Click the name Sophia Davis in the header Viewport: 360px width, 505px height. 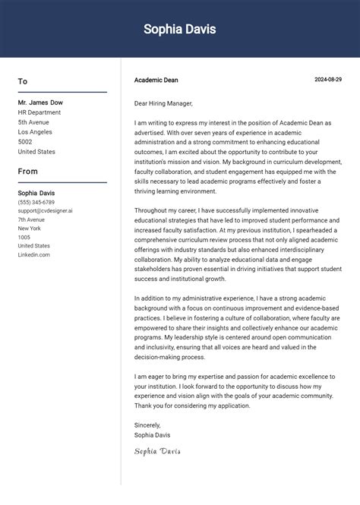point(180,30)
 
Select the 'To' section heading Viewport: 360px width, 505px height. point(23,81)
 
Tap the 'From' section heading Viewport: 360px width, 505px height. point(28,172)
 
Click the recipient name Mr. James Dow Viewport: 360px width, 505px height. point(40,103)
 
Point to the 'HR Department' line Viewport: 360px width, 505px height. point(39,112)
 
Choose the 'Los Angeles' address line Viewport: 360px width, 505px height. point(36,132)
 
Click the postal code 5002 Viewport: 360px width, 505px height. point(25,142)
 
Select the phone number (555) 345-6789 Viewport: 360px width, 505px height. point(36,203)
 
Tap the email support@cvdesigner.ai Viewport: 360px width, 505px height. point(46,210)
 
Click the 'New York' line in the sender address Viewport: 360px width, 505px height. point(30,229)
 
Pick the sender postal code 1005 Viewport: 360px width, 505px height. point(24,238)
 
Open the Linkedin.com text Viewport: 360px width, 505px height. point(34,255)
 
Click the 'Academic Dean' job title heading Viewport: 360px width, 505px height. point(156,80)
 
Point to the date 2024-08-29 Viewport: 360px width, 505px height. point(328,80)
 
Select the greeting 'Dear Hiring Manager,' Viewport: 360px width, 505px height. point(163,103)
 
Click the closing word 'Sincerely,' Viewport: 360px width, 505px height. point(147,425)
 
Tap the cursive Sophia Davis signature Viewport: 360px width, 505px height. point(158,451)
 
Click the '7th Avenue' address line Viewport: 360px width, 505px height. point(32,219)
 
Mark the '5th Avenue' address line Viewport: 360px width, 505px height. point(33,122)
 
